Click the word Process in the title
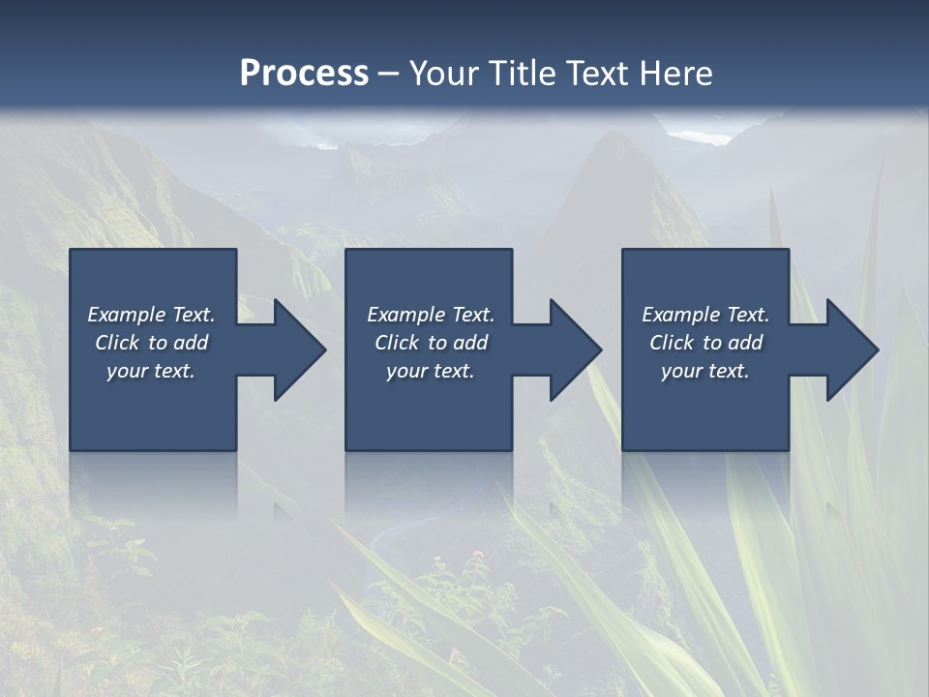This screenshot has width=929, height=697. click(304, 74)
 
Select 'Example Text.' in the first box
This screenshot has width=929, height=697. click(151, 315)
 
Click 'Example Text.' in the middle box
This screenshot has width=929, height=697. click(431, 315)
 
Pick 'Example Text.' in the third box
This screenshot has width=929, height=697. click(705, 315)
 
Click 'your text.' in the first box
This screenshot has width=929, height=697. click(151, 371)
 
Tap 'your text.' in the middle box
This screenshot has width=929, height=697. click(431, 371)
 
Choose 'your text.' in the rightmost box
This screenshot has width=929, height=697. click(705, 371)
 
